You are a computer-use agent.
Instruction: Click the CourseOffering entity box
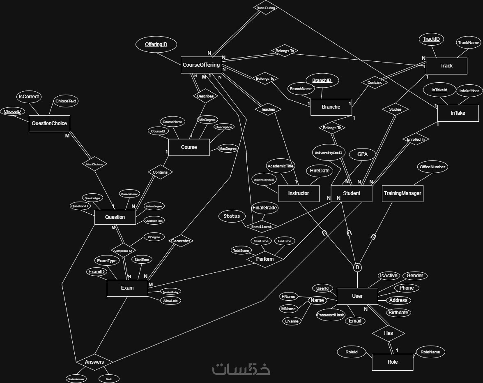[x=201, y=65]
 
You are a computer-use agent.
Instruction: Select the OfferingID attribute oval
[x=156, y=44]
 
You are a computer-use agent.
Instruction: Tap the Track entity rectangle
[x=446, y=66]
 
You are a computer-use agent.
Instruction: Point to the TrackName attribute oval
[x=469, y=42]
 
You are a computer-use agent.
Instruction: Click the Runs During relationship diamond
[x=266, y=8]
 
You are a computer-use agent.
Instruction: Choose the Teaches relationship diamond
[x=268, y=109]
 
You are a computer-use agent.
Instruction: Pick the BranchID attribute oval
[x=322, y=81]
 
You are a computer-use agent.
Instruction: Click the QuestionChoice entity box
[x=49, y=123]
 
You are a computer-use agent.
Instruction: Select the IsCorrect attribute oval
[x=28, y=97]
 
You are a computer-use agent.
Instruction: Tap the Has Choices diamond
[x=94, y=164]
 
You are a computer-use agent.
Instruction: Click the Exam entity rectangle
[x=127, y=288]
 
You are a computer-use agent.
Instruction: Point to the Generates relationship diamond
[x=181, y=241]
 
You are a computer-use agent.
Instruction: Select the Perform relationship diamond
[x=265, y=259]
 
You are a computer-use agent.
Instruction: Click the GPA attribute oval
[x=362, y=155]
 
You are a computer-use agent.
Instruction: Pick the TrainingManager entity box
[x=402, y=193]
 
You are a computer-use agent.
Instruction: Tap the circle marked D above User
[x=357, y=267]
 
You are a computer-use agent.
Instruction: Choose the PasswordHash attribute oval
[x=331, y=315]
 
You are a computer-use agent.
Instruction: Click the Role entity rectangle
[x=392, y=362]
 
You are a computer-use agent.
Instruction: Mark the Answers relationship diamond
[x=94, y=362]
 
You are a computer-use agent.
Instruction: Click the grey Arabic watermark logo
[x=241, y=369]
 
